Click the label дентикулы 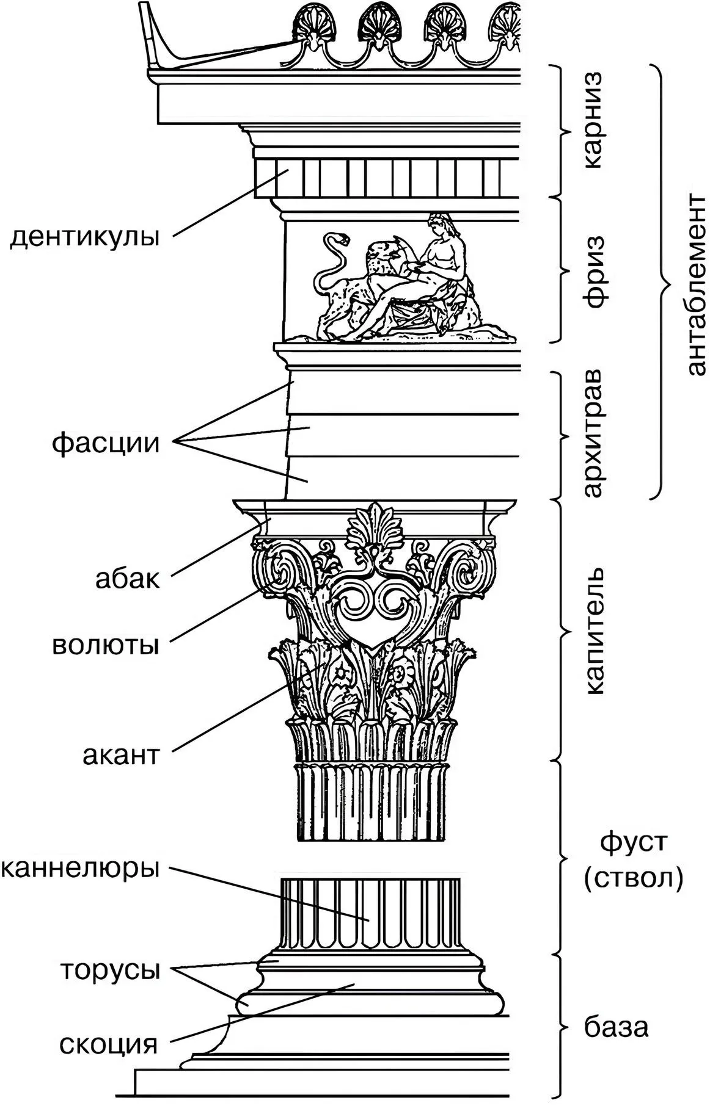84,236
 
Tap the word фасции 105,443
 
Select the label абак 127,578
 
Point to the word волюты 105,645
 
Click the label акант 121,756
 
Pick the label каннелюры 80,867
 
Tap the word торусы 110,970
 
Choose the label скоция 109,1044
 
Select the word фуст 634,844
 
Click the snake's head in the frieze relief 338,238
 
